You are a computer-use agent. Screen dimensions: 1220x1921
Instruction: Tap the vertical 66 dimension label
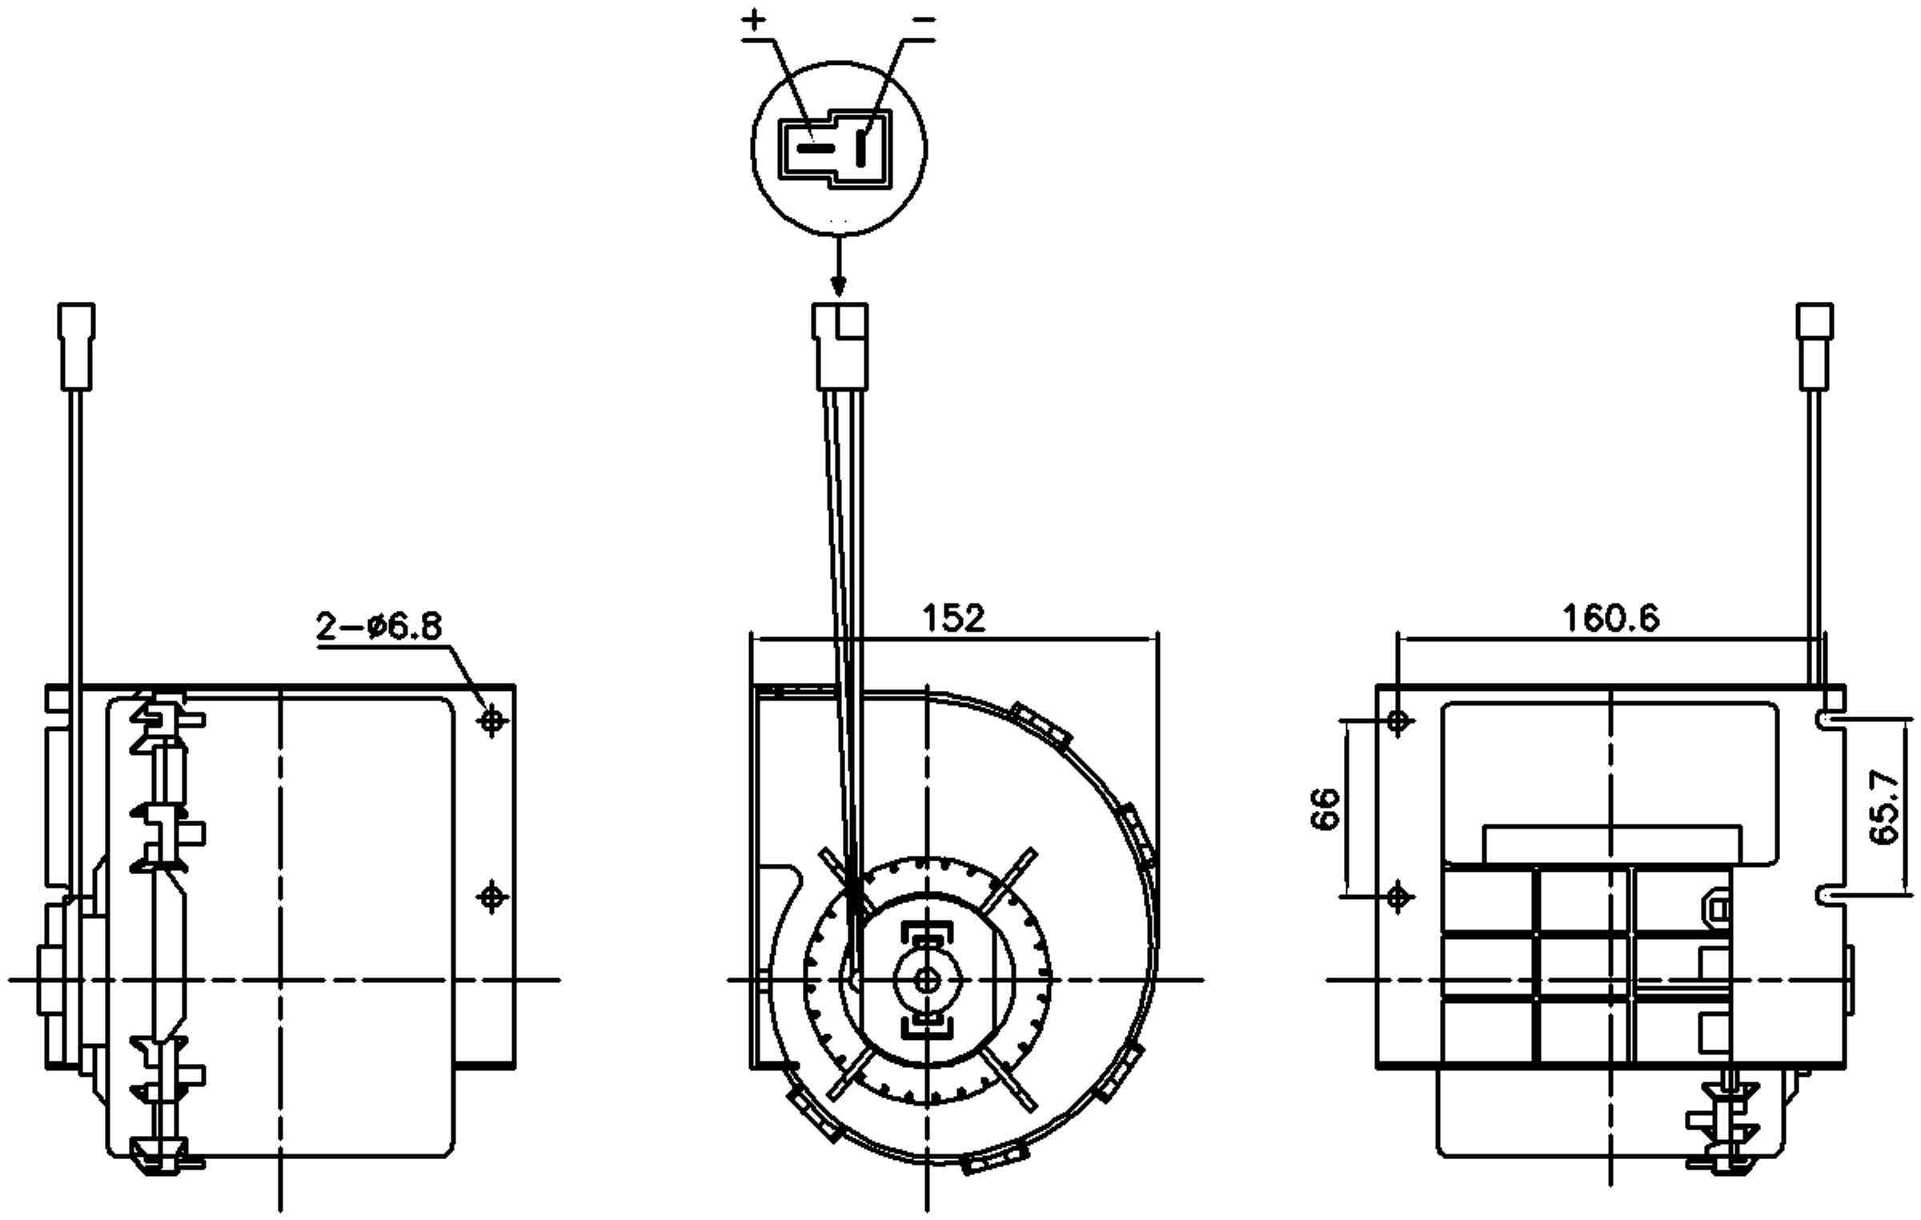1326,809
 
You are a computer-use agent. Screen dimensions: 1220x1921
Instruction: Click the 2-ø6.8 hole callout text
379,626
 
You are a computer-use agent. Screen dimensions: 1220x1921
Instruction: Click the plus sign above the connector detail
753,21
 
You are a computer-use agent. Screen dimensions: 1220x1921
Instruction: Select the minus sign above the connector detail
923,18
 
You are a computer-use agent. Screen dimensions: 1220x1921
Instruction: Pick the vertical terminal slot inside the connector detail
862,148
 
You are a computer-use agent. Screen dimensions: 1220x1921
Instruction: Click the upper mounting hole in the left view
491,720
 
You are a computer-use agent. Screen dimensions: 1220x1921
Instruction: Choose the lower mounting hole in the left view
491,897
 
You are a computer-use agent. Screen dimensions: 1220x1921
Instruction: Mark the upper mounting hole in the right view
1398,721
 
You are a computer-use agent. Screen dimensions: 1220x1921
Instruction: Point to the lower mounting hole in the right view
1398,897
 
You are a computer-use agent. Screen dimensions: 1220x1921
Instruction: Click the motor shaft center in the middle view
927,979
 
